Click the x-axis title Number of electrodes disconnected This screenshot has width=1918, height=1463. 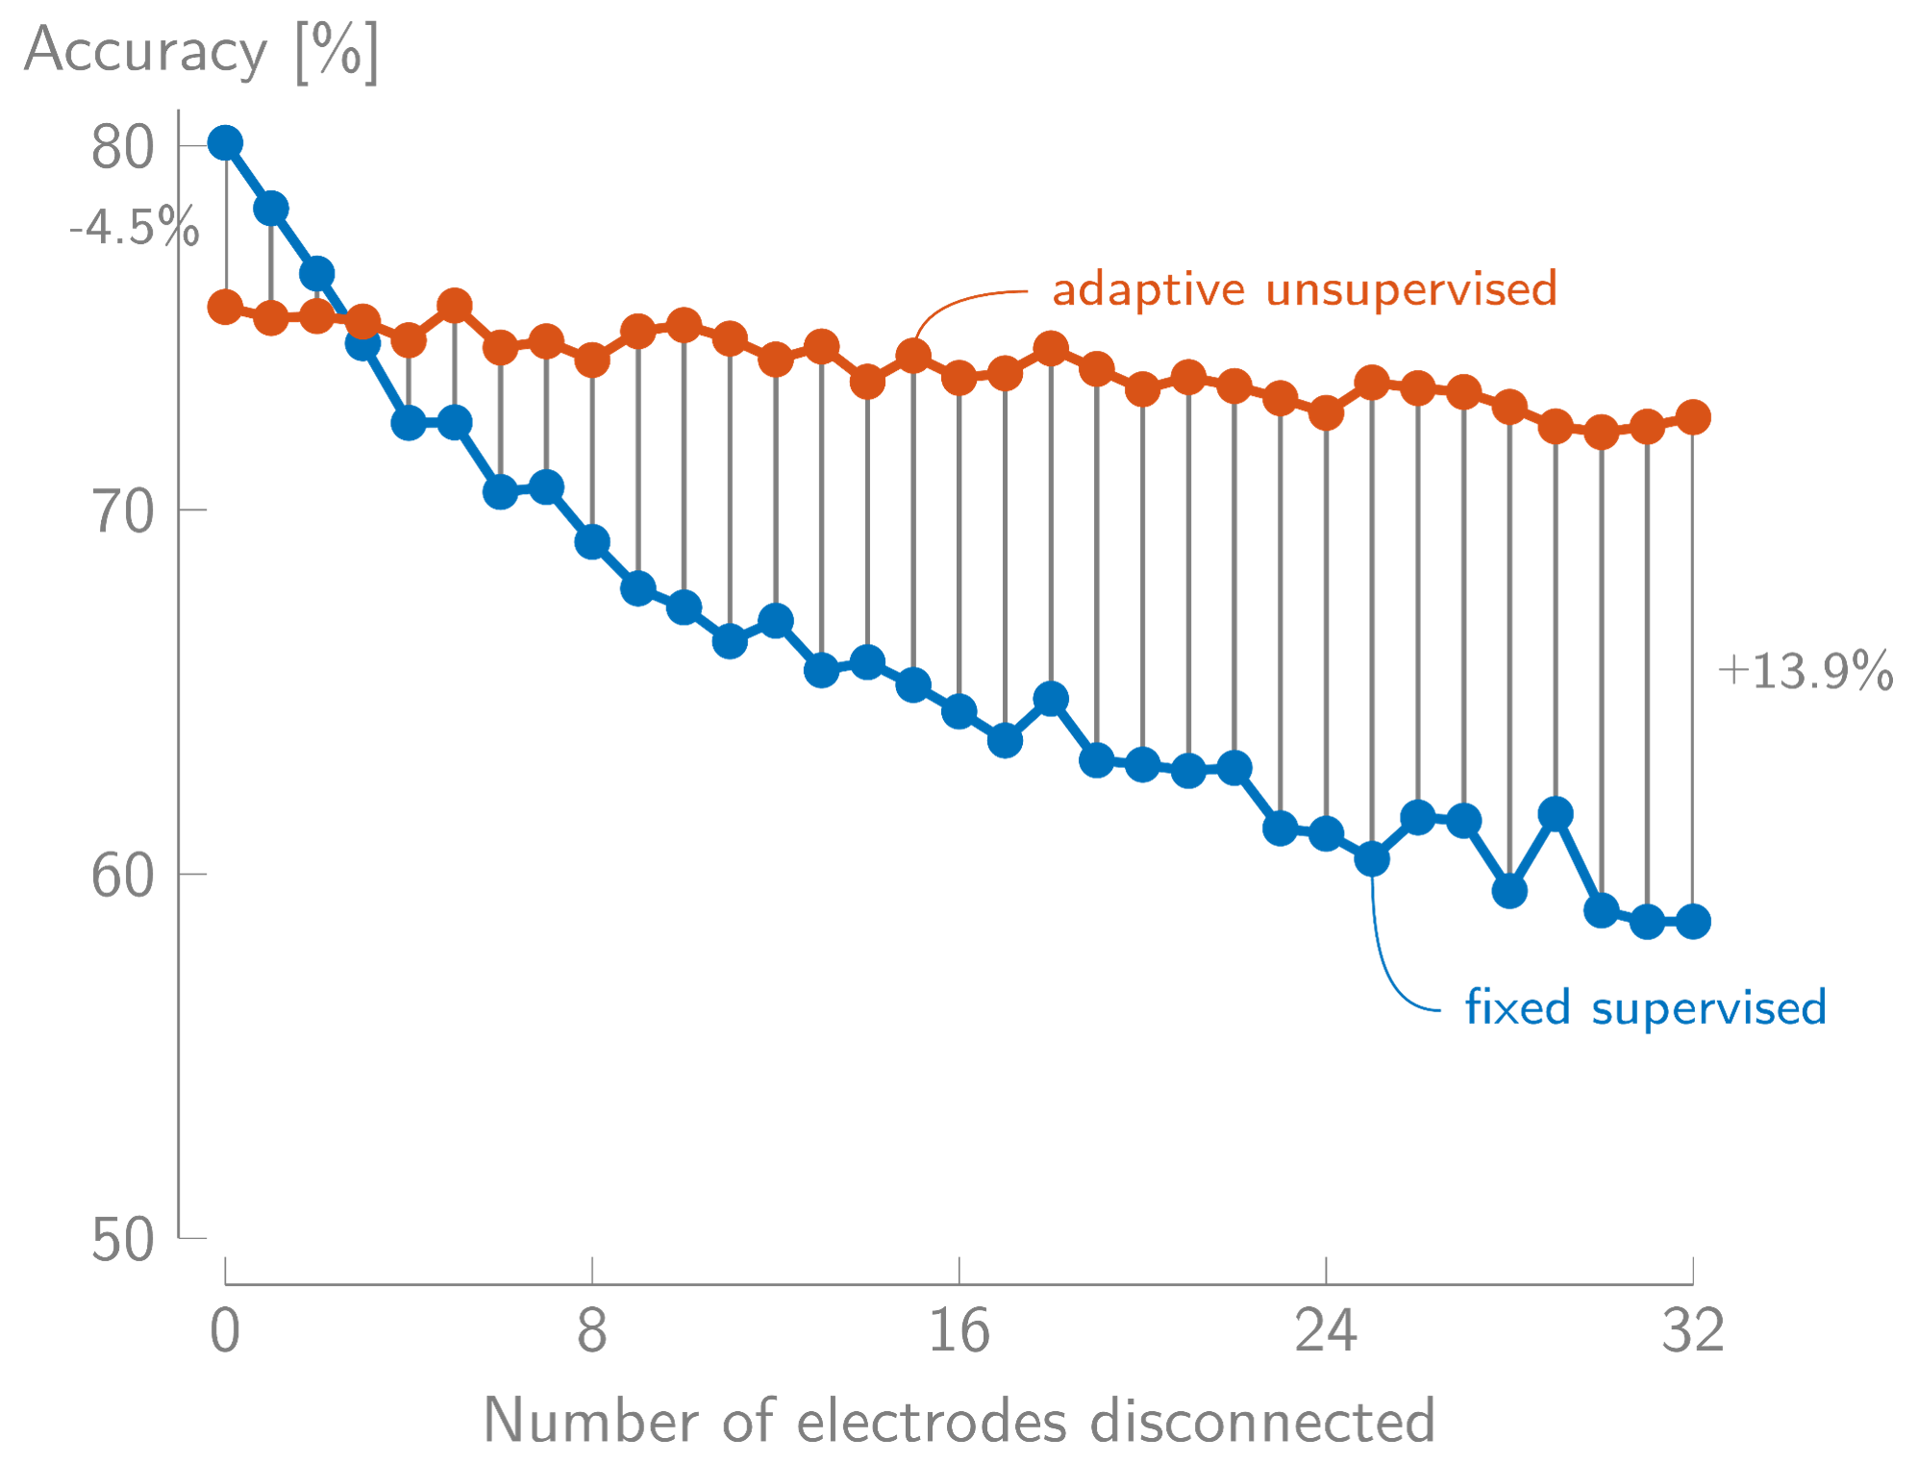(x=959, y=1420)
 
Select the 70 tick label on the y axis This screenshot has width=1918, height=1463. (x=123, y=511)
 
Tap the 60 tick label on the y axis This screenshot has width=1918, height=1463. (x=123, y=876)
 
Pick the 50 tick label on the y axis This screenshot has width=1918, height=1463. (x=123, y=1239)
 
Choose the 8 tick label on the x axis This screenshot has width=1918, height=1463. (x=592, y=1331)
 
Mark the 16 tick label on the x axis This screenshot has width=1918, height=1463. (x=959, y=1331)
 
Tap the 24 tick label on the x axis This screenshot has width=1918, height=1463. (x=1326, y=1331)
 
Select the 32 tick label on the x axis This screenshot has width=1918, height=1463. (x=1692, y=1331)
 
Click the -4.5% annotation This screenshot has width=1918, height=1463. (x=135, y=229)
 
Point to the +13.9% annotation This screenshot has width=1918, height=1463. (x=1805, y=671)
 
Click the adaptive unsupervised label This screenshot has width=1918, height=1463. (x=1305, y=289)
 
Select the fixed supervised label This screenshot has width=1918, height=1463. (x=1645, y=1007)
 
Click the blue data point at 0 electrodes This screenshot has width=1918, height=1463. (x=225, y=143)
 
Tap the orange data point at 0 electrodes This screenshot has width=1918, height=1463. (x=225, y=307)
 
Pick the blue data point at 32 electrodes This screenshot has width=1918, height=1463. (x=1692, y=921)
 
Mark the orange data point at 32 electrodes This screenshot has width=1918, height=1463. (x=1692, y=417)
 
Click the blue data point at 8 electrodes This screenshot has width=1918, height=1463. (x=592, y=542)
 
